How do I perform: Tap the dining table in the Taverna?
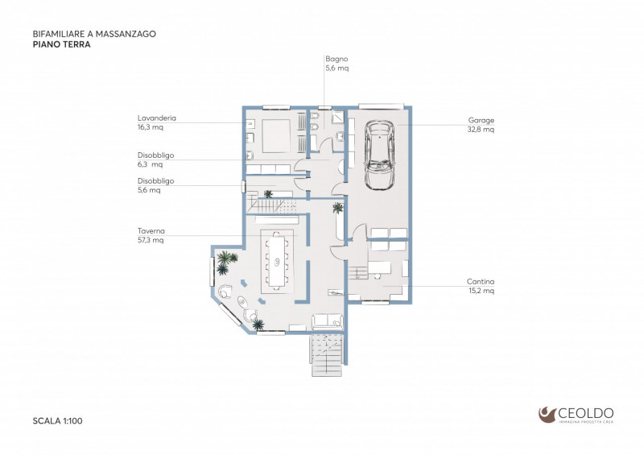click(x=277, y=260)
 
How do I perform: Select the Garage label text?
click(x=481, y=120)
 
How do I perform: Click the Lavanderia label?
click(x=157, y=118)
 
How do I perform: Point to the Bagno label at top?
click(x=336, y=59)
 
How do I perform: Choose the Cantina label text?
click(x=481, y=281)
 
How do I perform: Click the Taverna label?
click(x=151, y=230)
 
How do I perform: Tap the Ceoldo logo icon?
click(x=547, y=414)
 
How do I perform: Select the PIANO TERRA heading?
click(x=61, y=45)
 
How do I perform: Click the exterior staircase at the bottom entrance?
click(x=327, y=354)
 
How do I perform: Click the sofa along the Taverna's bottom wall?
click(x=328, y=321)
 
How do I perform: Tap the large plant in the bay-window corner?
click(x=227, y=259)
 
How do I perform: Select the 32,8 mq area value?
click(x=483, y=129)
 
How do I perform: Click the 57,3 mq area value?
click(x=151, y=240)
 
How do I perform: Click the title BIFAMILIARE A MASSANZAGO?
click(x=94, y=35)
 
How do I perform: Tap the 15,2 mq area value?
click(x=481, y=291)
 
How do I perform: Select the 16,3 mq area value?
click(x=151, y=127)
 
